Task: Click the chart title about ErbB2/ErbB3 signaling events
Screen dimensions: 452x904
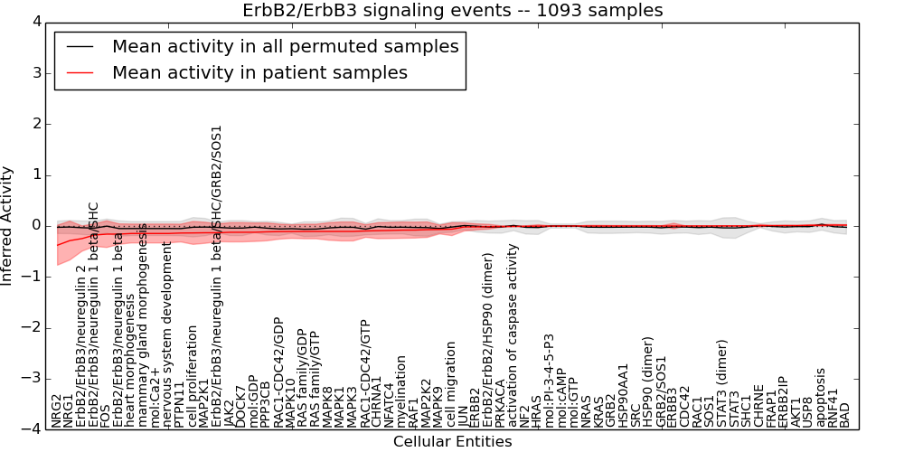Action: coord(452,10)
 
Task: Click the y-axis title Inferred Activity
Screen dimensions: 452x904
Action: coord(8,225)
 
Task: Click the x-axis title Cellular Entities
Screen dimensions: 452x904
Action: coord(452,442)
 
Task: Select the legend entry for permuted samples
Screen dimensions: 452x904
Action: coord(285,46)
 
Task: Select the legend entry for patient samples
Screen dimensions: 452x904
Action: coord(259,72)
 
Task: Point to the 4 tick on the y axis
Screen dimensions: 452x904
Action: coord(36,22)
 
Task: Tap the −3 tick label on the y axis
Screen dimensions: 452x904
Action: coord(33,378)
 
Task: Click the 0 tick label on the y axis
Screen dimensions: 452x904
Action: coord(36,225)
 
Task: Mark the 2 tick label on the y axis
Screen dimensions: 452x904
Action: coord(36,124)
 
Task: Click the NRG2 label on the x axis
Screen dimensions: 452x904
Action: coord(56,410)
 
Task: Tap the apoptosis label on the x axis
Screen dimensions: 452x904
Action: coord(820,396)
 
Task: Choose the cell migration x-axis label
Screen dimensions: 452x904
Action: coord(451,383)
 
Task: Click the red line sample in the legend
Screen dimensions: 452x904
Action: coord(80,72)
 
